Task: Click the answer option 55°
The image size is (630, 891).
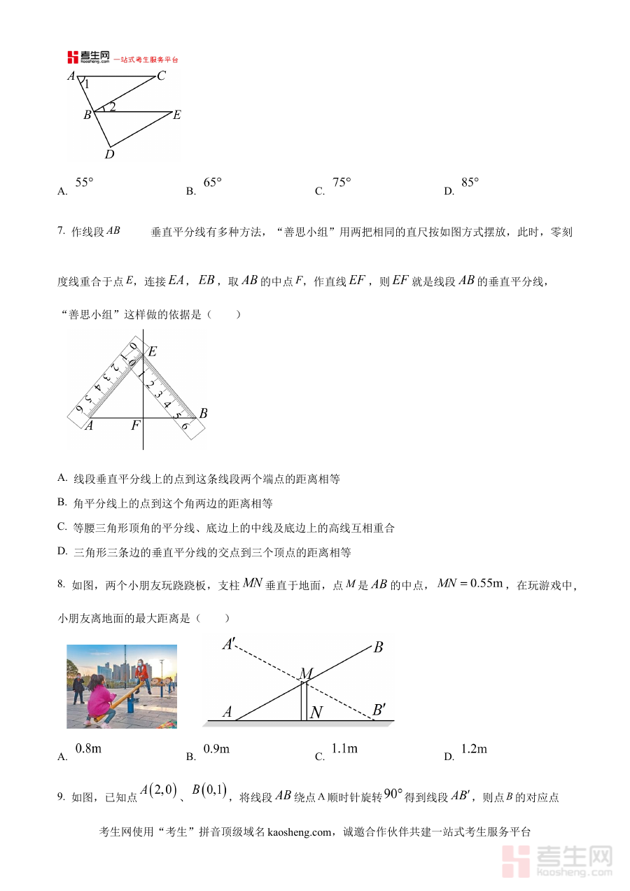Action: point(84,183)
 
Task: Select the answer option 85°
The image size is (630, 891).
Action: point(470,183)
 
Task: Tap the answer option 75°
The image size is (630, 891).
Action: point(342,183)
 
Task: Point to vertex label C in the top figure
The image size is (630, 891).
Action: point(161,76)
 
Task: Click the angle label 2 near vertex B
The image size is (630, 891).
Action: point(112,106)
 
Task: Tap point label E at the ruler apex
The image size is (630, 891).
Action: point(153,351)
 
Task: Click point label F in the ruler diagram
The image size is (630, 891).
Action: point(135,425)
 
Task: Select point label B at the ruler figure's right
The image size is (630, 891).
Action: point(203,414)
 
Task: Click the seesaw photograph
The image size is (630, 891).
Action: point(122,686)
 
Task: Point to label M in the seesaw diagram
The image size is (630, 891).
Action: point(305,673)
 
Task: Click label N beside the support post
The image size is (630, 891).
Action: point(316,713)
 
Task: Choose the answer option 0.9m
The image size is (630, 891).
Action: point(216,749)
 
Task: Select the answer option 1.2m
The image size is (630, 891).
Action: point(474,749)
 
